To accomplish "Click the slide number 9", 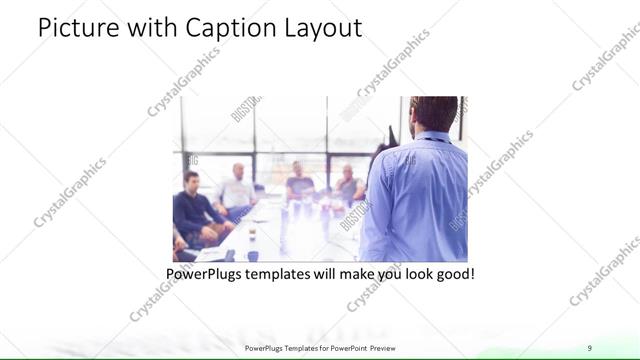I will pyautogui.click(x=589, y=347).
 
